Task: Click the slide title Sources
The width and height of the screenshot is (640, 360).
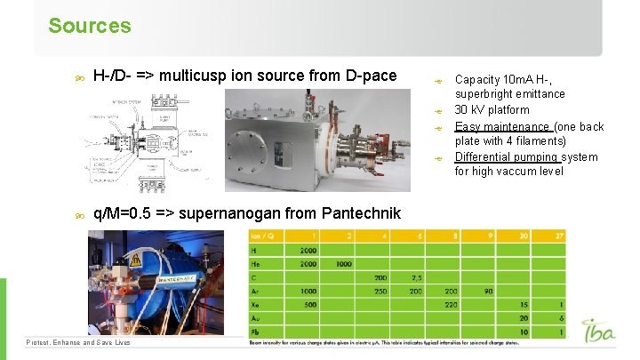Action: (x=90, y=26)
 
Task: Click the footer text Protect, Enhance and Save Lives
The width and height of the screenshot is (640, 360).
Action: (x=78, y=342)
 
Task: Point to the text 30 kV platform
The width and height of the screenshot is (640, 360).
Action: (x=492, y=110)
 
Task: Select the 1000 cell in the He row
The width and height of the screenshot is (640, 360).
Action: (x=343, y=264)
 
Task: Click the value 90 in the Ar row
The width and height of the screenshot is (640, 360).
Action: (x=487, y=291)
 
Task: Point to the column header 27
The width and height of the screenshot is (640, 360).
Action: (x=559, y=236)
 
